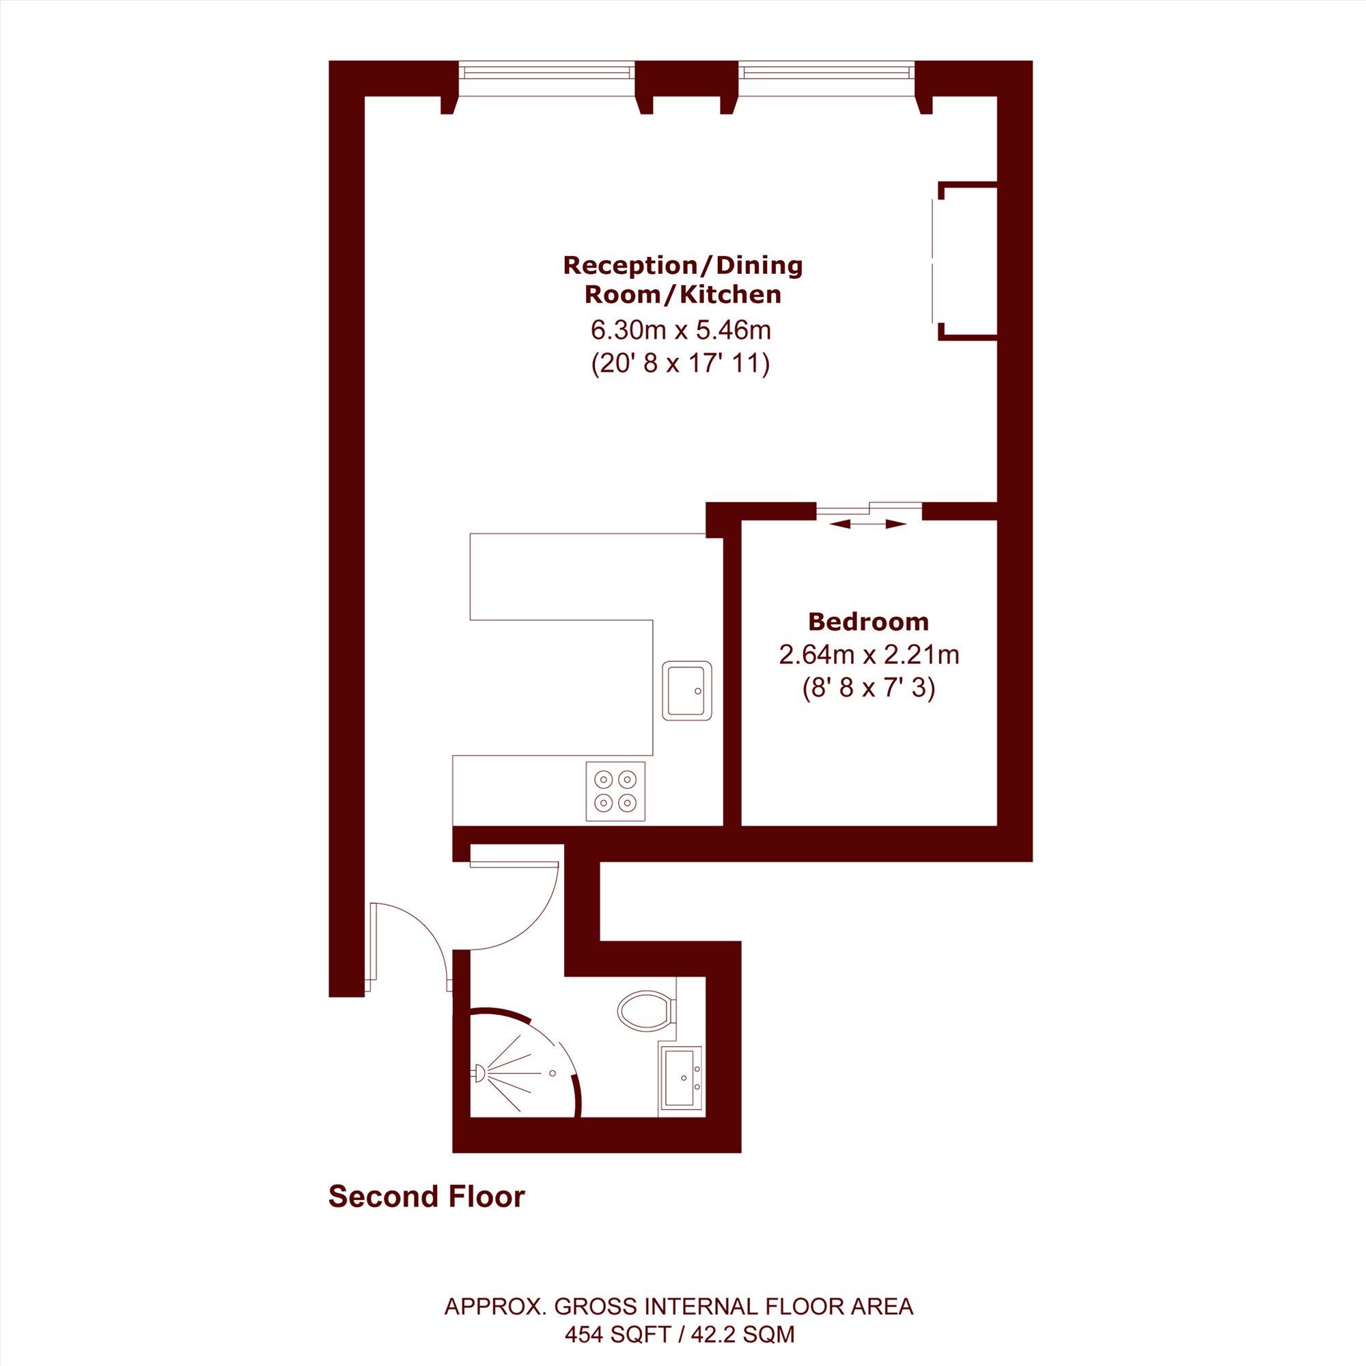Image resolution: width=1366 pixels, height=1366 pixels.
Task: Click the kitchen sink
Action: pyautogui.click(x=686, y=691)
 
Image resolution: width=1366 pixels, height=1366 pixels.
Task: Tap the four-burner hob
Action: pyautogui.click(x=615, y=791)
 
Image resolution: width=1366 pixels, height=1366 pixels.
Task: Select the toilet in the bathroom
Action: pyautogui.click(x=646, y=1009)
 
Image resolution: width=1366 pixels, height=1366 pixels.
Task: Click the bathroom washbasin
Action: pyautogui.click(x=680, y=1078)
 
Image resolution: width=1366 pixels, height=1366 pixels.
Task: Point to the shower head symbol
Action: pyautogui.click(x=479, y=1073)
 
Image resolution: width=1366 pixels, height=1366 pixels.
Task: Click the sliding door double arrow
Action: pyautogui.click(x=867, y=524)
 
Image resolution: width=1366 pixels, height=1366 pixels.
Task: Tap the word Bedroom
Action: pyautogui.click(x=868, y=622)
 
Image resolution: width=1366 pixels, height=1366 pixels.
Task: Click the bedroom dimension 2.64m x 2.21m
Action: pyautogui.click(x=869, y=655)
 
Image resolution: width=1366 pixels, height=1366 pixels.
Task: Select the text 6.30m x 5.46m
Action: pyautogui.click(x=681, y=329)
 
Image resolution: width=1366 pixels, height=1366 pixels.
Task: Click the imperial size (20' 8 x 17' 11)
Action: pyautogui.click(x=680, y=363)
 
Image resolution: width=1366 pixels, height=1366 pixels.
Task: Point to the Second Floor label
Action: pyautogui.click(x=426, y=1197)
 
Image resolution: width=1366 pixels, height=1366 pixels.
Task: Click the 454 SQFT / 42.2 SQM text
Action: pyautogui.click(x=680, y=1334)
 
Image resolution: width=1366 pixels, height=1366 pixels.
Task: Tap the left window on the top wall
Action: pyautogui.click(x=547, y=79)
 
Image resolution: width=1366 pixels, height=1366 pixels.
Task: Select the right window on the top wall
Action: pyautogui.click(x=826, y=79)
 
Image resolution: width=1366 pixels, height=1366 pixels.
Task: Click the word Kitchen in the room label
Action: pyautogui.click(x=730, y=294)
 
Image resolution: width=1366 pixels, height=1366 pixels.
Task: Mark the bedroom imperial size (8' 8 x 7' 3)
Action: pyautogui.click(x=869, y=688)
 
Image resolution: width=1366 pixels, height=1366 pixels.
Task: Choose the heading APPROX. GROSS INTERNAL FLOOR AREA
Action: pyautogui.click(x=679, y=1306)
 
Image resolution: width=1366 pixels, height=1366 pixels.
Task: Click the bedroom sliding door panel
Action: pyautogui.click(x=869, y=506)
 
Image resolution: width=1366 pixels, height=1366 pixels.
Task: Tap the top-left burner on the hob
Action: pyautogui.click(x=602, y=779)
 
